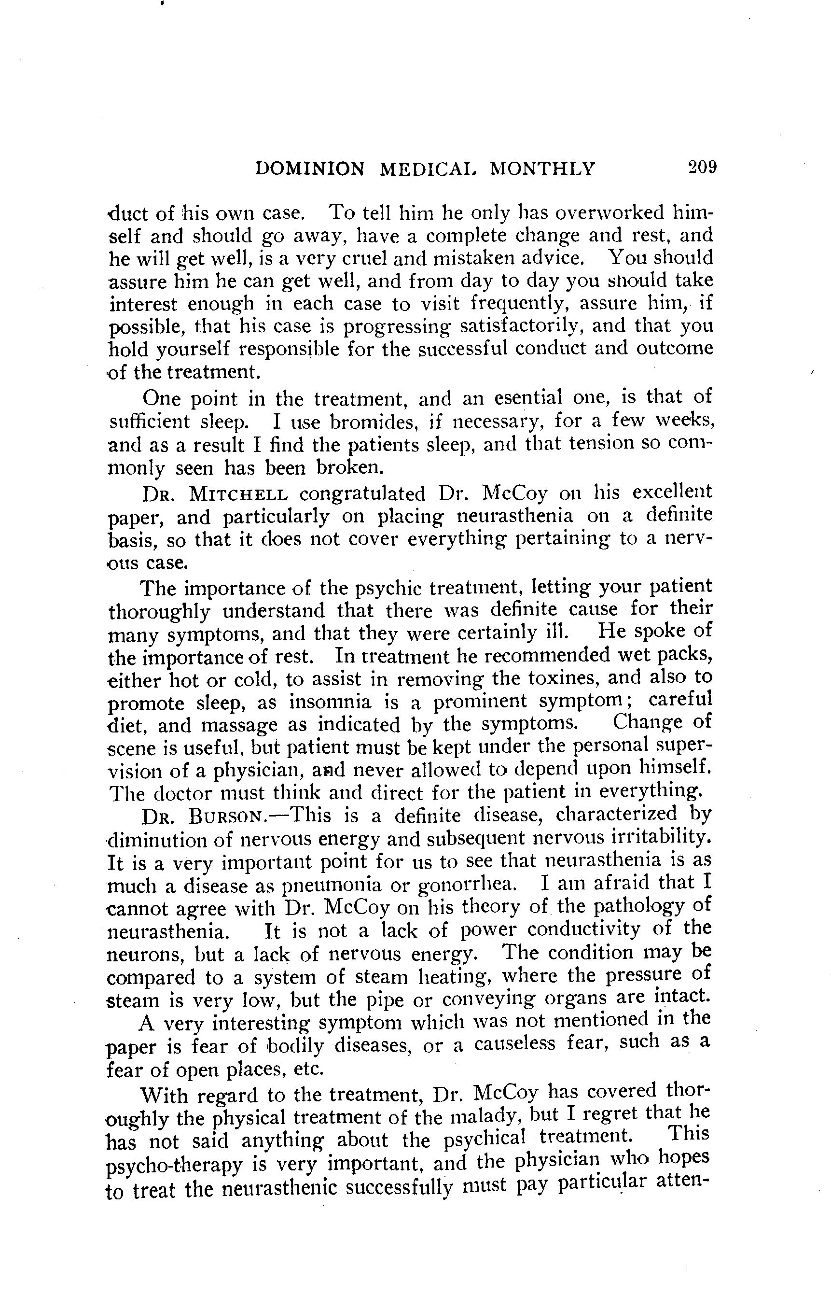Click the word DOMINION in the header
[310, 169]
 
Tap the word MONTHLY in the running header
[542, 169]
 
